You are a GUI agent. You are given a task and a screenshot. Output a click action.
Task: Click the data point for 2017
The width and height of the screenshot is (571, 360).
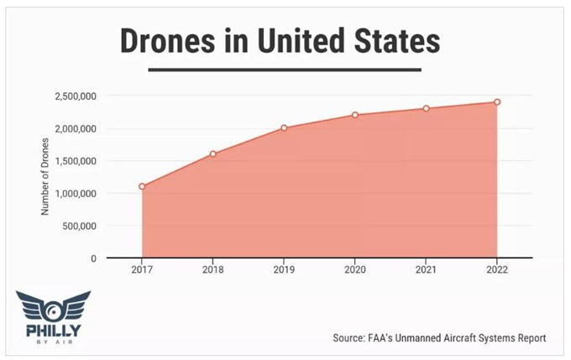[x=143, y=186]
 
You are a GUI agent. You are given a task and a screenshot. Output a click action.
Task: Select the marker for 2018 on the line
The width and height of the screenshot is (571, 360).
[x=213, y=154]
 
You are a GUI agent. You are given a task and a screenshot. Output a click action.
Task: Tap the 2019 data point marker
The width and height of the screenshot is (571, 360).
[x=285, y=128]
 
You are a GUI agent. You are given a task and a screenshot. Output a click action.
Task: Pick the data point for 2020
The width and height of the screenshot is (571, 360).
[x=355, y=115]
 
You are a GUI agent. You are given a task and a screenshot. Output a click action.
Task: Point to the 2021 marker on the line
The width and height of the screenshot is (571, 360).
[x=427, y=108]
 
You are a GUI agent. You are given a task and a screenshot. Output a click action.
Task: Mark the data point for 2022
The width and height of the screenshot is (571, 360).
[x=497, y=102]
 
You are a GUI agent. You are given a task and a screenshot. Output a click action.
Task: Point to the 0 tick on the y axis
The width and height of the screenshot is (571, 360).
[x=95, y=258]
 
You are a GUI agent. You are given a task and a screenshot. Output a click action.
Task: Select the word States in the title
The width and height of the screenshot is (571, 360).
[x=394, y=40]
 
